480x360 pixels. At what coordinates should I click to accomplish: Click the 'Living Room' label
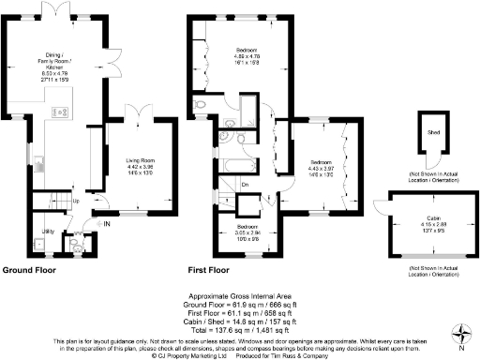140,160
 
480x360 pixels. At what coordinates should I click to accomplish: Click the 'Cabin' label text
427,217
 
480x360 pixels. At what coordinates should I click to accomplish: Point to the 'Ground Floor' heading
28,270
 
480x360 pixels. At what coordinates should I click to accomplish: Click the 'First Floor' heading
207,270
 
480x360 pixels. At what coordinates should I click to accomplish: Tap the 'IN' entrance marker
107,224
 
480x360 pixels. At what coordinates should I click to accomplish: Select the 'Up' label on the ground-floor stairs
75,202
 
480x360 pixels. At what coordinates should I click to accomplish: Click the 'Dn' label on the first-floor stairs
244,185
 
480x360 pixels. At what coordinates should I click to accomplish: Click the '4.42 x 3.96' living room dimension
140,168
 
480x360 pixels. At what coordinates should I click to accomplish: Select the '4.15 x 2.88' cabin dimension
427,224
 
